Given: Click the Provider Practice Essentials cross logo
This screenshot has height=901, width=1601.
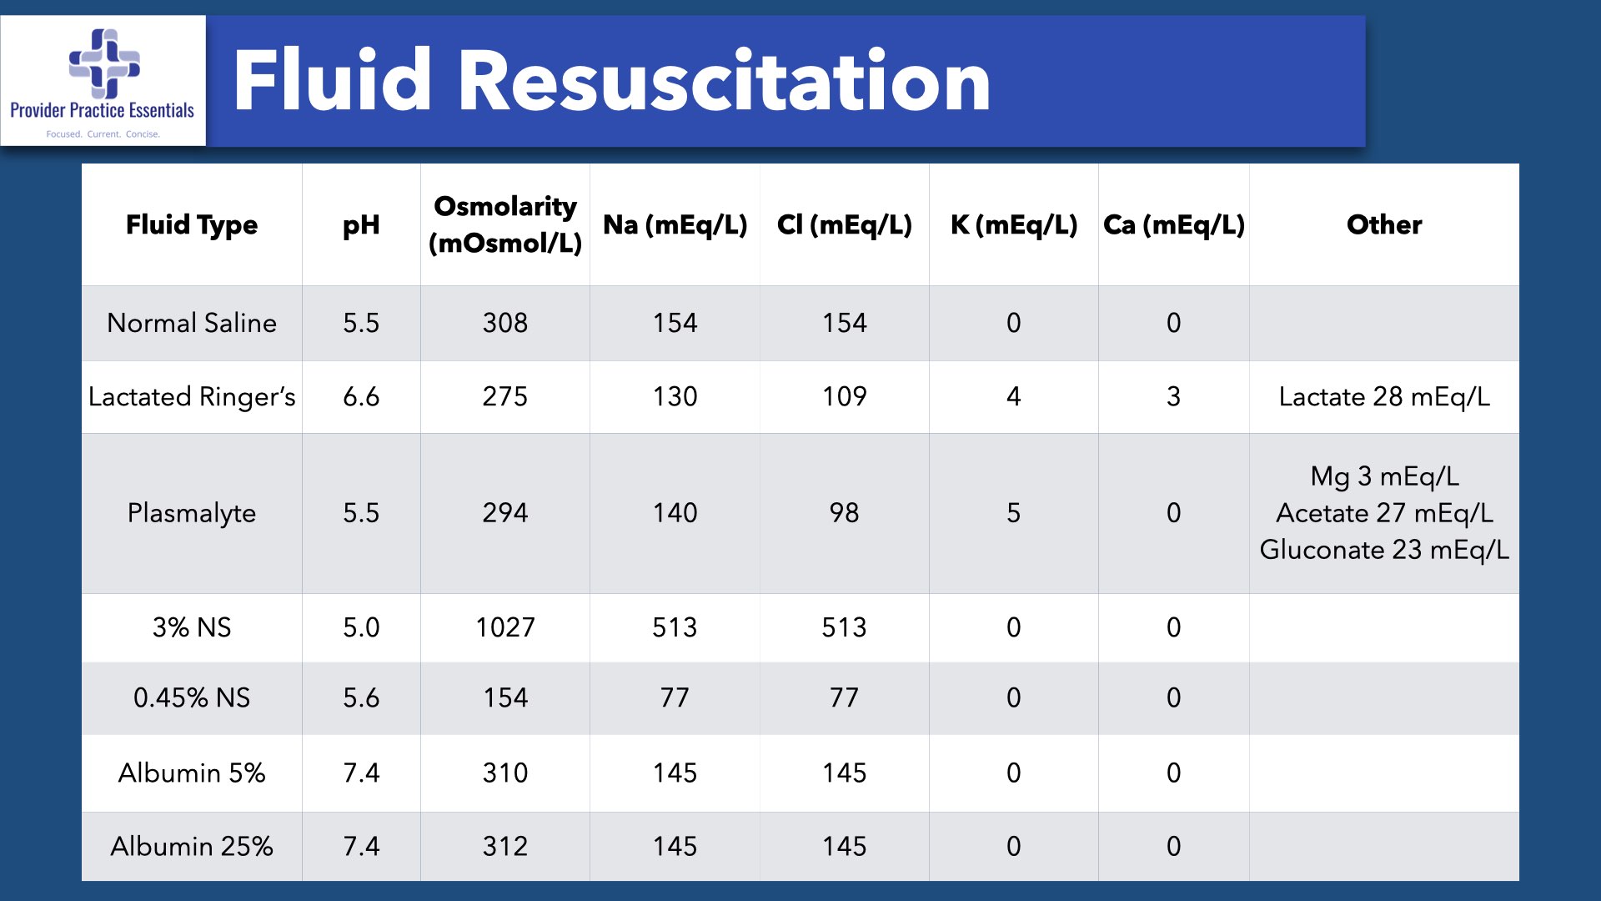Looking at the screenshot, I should pos(104,63).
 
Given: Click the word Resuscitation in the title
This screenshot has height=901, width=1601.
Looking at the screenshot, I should pos(724,81).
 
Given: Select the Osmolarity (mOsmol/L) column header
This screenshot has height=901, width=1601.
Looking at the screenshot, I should pos(505,224).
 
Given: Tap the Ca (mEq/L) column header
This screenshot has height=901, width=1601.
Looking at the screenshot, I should pos(1173,224).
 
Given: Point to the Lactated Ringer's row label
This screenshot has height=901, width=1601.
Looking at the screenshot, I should pos(192,397).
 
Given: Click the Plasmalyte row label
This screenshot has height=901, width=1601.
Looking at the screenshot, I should pos(192,513).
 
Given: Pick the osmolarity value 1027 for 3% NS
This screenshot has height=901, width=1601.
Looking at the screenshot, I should pos(505,627).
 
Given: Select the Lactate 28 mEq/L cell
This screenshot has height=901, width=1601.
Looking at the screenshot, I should pos(1384,397).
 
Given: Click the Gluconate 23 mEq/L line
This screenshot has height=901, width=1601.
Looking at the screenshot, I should pos(1384,550).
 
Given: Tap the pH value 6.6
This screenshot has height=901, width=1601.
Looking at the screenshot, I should pos(361,397).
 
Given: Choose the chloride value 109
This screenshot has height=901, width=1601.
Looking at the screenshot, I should pos(844,397).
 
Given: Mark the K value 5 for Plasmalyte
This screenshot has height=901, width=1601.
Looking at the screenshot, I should pos(1013,513).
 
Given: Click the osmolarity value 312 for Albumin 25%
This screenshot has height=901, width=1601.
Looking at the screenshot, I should pos(505,847).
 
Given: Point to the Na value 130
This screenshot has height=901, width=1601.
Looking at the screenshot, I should pos(675,397).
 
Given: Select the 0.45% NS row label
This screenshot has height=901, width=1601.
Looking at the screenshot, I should pos(192,698).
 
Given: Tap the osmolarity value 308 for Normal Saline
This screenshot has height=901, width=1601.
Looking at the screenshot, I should pos(505,323).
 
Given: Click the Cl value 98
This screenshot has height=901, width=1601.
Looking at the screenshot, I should pos(844,513).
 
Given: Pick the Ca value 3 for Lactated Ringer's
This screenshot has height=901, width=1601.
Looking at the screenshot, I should pos(1173,397).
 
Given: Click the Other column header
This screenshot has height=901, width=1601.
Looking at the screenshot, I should pos(1384,224).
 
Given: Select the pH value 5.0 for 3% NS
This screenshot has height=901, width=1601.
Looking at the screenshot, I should pos(361,627).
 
